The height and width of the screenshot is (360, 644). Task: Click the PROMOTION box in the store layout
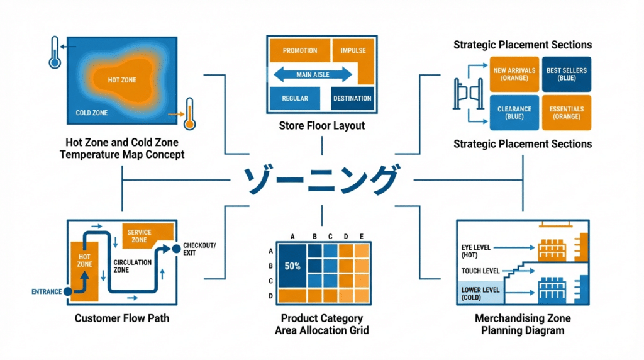[300, 51]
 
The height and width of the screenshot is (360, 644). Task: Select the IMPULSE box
[353, 51]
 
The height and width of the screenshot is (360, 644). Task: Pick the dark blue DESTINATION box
[352, 98]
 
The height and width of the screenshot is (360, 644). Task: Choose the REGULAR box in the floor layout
[295, 98]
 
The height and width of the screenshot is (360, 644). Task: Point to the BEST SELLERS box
[566, 74]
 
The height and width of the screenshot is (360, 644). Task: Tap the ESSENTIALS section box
[566, 113]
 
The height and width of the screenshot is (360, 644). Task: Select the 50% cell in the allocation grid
[292, 266]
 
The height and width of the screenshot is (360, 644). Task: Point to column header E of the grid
[361, 237]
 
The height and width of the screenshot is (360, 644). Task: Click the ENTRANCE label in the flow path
[47, 291]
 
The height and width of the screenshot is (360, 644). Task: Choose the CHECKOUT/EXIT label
[199, 249]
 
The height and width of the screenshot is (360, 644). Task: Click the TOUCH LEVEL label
[480, 271]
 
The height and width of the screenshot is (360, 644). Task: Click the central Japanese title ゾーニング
[321, 180]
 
